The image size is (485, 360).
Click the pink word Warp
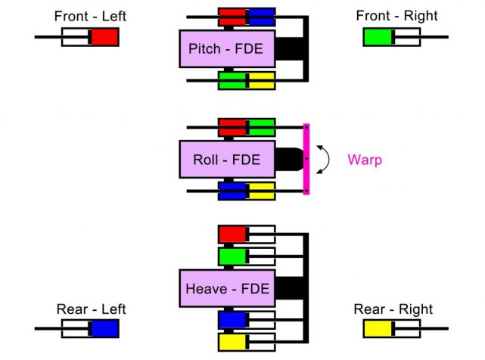[364, 160]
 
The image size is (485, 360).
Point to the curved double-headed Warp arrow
[325, 160]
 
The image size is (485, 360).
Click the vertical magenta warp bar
[306, 160]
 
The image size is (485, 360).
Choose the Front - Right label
[396, 16]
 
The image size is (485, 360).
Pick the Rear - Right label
[393, 309]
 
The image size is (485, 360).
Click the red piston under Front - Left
[104, 36]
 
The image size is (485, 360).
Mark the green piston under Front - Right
[378, 36]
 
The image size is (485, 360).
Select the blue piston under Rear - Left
[104, 328]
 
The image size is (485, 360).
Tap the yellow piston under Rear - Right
[378, 328]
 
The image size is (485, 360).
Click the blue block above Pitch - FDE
[261, 17]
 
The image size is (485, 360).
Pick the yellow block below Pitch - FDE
[261, 80]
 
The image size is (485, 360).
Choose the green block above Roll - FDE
[262, 127]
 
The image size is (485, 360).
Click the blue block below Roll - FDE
[232, 191]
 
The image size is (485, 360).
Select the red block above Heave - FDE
[232, 234]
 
